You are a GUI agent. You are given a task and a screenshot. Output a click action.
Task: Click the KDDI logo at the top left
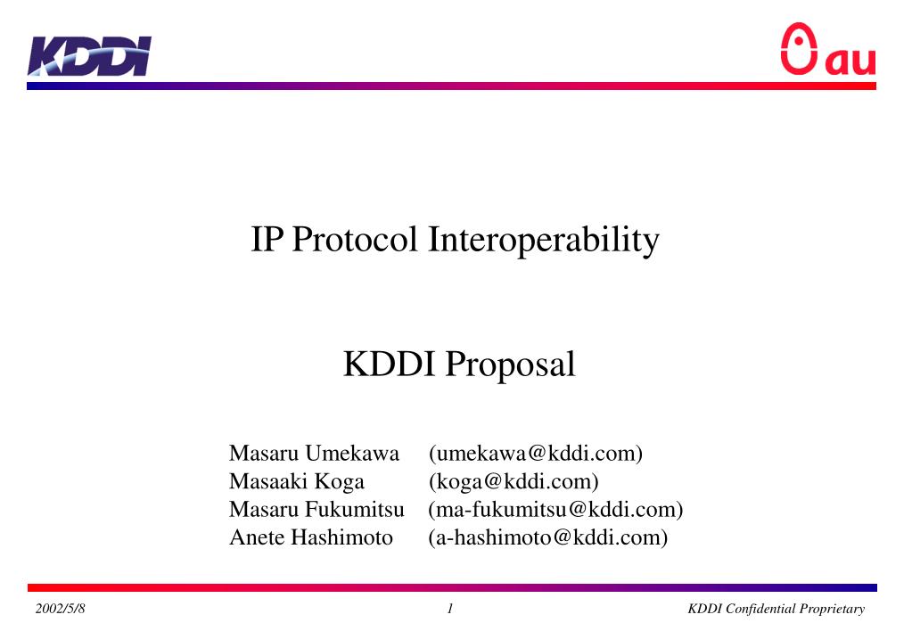coord(89,56)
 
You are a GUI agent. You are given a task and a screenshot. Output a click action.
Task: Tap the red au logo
coord(828,51)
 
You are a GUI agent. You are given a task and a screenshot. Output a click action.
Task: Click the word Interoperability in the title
coord(545,240)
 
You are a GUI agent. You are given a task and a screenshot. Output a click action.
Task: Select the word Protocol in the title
coord(355,240)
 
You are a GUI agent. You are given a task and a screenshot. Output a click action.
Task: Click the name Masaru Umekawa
coord(314,454)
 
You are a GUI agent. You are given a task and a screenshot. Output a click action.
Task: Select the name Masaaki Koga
coord(297,482)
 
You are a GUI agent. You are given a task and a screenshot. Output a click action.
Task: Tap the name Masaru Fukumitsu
coord(316,510)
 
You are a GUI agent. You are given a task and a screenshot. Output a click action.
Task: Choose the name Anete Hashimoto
coord(311,537)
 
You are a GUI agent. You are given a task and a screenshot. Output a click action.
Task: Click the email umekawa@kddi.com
coord(536,454)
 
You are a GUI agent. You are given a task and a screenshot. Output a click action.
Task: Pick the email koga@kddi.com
coord(514,482)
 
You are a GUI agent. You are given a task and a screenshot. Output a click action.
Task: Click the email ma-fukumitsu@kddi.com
coord(555,510)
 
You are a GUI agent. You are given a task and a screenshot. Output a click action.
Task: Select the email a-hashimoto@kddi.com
coord(547,537)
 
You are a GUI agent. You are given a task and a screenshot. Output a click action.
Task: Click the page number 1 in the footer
coord(451,609)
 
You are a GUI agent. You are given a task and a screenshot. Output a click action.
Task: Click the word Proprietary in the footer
coord(834,609)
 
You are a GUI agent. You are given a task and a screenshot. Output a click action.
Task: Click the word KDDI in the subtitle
coord(390,365)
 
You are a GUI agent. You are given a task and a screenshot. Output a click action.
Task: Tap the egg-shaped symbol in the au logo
coord(799,49)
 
